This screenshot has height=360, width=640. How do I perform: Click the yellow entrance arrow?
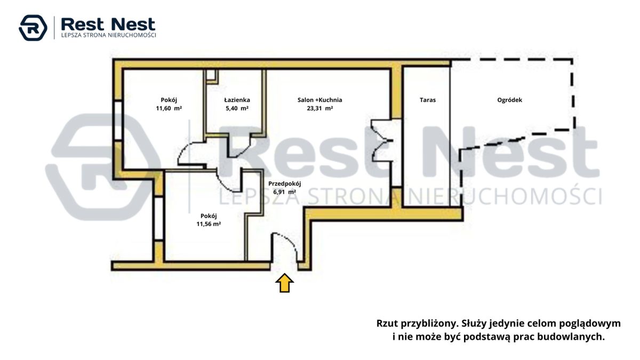coord(285,283)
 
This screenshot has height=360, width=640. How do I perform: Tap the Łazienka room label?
coord(237,100)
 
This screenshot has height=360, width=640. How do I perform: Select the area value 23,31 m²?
coord(319,108)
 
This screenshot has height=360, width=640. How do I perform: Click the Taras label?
coord(428,100)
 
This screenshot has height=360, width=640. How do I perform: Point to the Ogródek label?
coord(510,100)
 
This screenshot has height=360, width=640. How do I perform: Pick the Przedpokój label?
coord(285,183)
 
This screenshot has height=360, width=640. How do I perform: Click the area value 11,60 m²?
coord(169,108)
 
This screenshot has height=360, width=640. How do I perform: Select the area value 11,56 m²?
coord(209,224)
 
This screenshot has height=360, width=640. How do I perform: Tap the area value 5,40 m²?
coord(237,108)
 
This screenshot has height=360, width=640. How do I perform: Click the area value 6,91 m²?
coord(285,192)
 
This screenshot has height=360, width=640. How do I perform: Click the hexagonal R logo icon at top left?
coord(33,28)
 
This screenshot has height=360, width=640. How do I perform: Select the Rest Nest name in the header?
coord(108,25)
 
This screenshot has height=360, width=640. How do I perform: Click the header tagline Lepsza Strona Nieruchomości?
coord(109,35)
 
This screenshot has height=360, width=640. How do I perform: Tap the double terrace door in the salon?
coord(381,141)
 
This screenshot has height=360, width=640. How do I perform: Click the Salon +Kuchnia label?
coord(319,100)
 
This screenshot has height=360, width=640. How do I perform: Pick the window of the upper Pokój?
coord(118,121)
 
